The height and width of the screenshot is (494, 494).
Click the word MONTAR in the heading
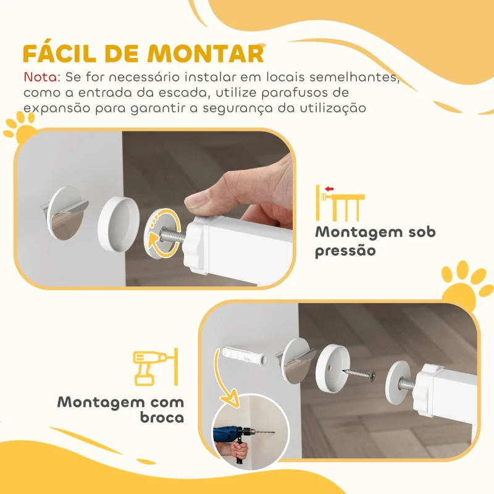[213, 54]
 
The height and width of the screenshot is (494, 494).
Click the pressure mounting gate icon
[340, 202]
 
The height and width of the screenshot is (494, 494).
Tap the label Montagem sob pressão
[375, 241]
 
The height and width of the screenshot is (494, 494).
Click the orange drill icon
[156, 368]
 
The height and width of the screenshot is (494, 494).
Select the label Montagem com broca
[121, 409]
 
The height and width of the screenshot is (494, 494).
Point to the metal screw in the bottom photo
[359, 374]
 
